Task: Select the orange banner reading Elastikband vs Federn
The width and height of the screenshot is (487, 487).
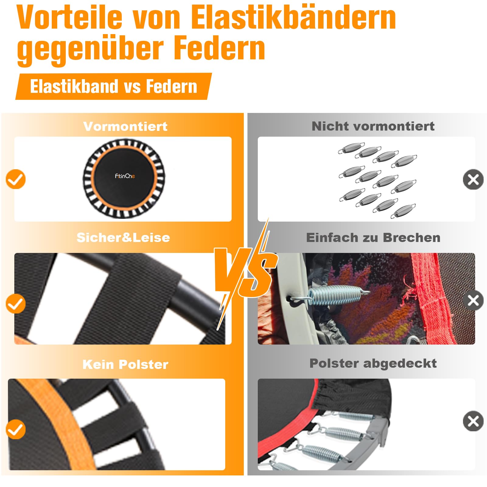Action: [x=114, y=86]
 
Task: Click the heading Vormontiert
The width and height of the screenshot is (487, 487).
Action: [x=125, y=126]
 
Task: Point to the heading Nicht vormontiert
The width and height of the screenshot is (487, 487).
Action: [x=373, y=126]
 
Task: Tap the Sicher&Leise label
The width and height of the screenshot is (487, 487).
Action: [x=123, y=237]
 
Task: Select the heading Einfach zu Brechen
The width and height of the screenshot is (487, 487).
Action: [x=373, y=237]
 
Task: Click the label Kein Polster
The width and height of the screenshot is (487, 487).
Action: [x=125, y=364]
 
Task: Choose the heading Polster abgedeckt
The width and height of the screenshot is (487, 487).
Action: [x=373, y=363]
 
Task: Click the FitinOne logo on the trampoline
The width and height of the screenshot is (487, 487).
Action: [x=125, y=176]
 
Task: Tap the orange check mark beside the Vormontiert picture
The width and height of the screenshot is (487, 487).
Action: [x=16, y=179]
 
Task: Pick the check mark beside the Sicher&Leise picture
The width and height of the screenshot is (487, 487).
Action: [x=16, y=303]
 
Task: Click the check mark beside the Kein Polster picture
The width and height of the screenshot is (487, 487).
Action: [x=16, y=429]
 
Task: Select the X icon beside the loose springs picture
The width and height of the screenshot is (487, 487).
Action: [x=473, y=179]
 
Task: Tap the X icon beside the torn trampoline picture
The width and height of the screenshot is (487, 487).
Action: [x=473, y=300]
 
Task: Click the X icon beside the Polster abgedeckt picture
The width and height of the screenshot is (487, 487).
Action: [x=473, y=421]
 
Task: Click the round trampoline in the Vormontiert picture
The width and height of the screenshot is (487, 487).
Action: [x=124, y=179]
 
